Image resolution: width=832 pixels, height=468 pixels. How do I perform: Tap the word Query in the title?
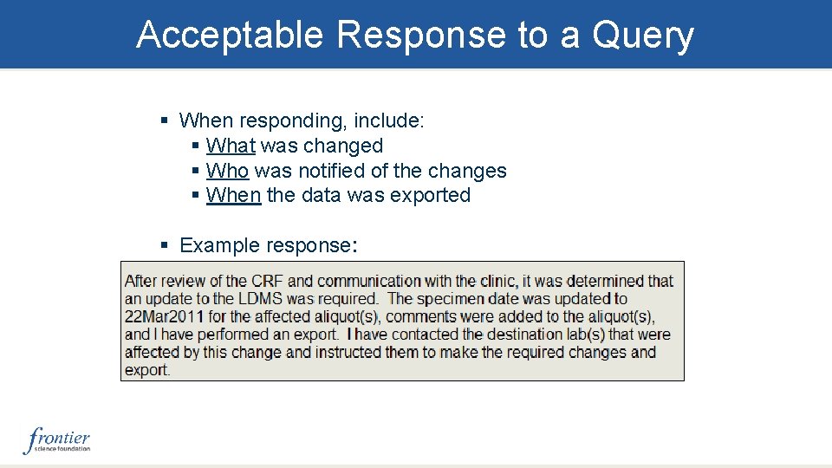[643, 36]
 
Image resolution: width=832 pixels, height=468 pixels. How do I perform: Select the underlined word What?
[231, 146]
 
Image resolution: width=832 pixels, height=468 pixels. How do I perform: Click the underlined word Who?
[227, 171]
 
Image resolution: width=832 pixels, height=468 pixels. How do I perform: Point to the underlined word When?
[233, 195]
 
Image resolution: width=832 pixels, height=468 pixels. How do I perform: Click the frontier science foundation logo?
[57, 439]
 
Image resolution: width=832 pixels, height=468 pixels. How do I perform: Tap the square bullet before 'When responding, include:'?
[165, 121]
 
